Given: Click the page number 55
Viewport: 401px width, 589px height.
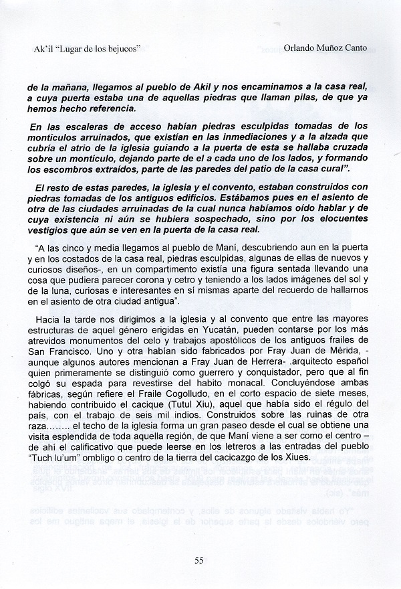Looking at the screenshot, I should (x=199, y=560).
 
